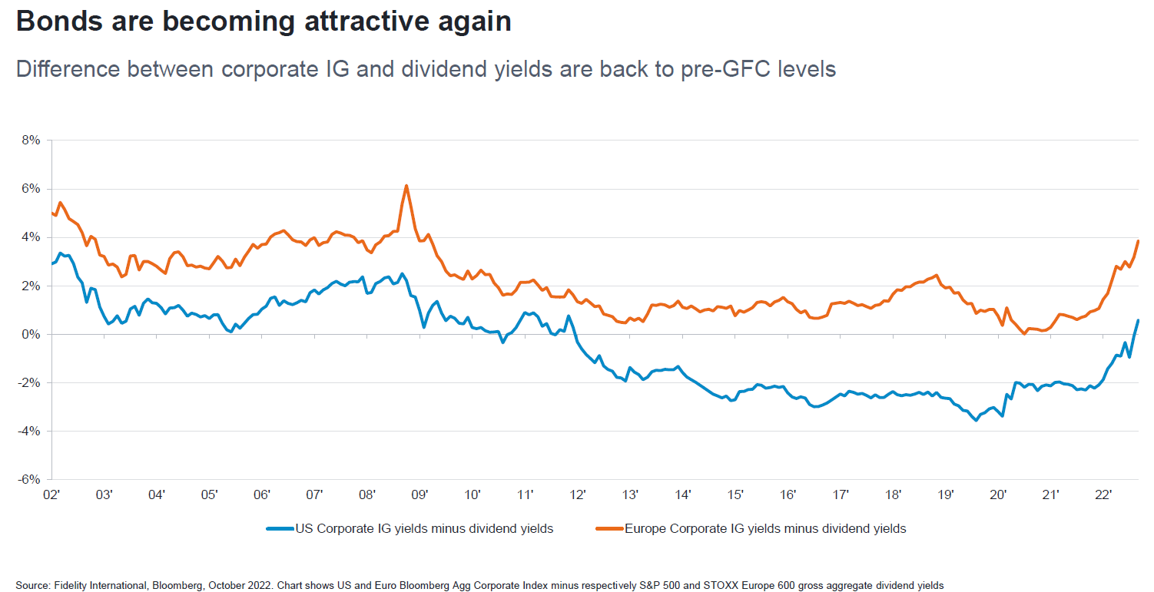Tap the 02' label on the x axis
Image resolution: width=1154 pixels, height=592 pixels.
tap(51, 494)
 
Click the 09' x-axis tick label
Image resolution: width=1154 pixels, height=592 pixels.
tap(419, 494)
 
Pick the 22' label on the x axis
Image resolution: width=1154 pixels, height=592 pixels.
tap(1103, 494)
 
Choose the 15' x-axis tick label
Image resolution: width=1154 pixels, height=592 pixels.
tap(735, 494)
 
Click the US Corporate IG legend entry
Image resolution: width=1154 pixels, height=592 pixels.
tap(424, 528)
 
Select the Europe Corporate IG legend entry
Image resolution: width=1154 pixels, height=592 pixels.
tap(765, 528)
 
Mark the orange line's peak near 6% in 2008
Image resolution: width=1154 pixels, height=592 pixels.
tap(406, 186)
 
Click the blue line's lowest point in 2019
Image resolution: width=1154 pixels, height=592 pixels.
tap(977, 420)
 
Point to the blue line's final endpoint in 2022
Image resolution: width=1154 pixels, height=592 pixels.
tap(1138, 320)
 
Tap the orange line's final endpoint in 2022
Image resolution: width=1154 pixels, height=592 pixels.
tap(1138, 241)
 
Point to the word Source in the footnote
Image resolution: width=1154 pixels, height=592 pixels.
tap(32, 586)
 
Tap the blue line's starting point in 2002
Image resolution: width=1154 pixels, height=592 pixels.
tap(51, 263)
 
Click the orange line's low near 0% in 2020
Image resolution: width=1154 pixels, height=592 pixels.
tap(1025, 333)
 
